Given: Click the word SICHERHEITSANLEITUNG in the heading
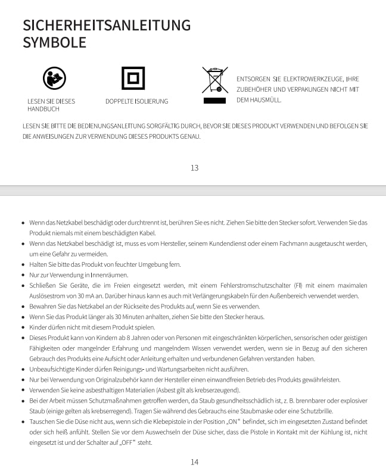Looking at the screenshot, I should click(x=107, y=25).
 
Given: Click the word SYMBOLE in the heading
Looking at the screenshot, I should click(x=54, y=42).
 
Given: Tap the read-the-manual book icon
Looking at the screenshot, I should click(x=54, y=78).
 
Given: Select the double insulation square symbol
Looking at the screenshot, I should click(x=133, y=78).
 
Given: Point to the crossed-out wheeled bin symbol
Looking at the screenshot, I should click(x=214, y=80).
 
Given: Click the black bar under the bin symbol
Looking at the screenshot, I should click(x=214, y=101).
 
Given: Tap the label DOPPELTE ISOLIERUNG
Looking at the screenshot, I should click(x=136, y=101).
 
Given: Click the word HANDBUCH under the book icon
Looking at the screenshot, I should click(x=43, y=109).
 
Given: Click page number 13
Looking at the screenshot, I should click(x=194, y=167).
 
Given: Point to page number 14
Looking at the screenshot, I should click(x=194, y=461).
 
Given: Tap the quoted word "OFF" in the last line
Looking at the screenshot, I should click(x=127, y=442).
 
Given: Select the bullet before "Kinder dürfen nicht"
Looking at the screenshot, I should click(x=23, y=327).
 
